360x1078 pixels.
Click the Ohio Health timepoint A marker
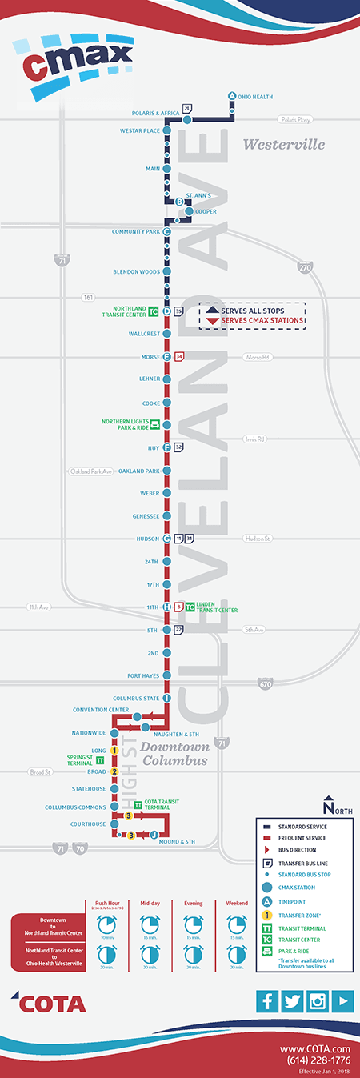[x=232, y=97]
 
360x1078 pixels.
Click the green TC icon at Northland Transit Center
[x=154, y=311]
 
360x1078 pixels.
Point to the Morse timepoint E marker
[x=166, y=356]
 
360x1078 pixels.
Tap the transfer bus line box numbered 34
[x=179, y=356]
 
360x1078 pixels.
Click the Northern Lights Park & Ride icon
[x=154, y=424]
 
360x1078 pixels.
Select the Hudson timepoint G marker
[x=166, y=539]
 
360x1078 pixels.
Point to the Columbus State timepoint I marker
[x=166, y=698]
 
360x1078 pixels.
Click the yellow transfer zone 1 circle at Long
[x=115, y=751]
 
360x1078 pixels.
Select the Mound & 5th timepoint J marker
[x=153, y=835]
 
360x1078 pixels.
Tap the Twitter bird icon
[x=292, y=1000]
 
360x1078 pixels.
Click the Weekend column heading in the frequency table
[x=236, y=902]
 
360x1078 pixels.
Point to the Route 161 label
[x=87, y=297]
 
